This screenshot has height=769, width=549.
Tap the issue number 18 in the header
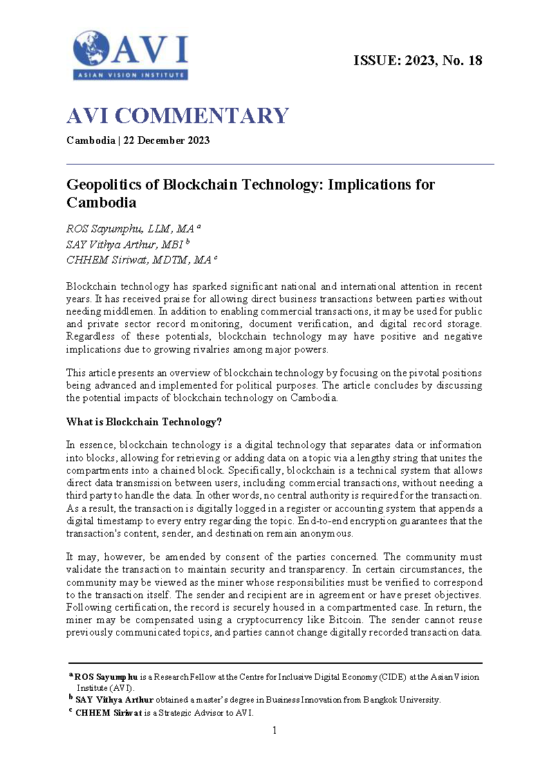(475, 60)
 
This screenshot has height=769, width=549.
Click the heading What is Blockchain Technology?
(144, 422)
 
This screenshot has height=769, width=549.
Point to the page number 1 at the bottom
(274, 730)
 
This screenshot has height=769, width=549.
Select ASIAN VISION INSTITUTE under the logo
(131, 74)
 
